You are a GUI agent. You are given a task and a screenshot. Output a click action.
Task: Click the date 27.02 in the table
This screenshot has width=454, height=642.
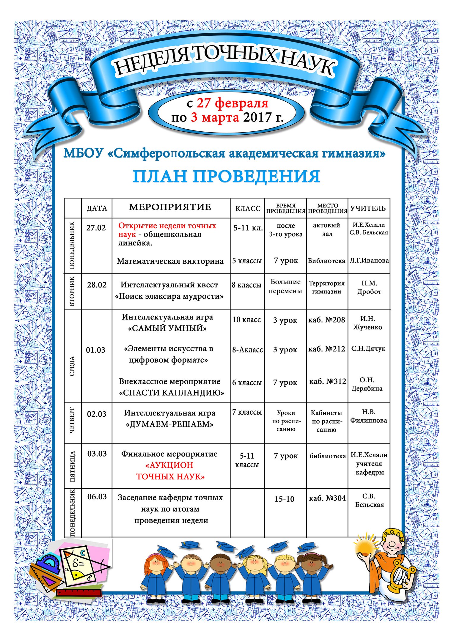[x=96, y=228]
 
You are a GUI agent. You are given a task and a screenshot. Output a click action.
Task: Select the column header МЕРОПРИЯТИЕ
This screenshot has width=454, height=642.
[x=170, y=207]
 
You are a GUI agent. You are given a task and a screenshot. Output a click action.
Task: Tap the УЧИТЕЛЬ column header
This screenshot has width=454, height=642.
[x=368, y=208]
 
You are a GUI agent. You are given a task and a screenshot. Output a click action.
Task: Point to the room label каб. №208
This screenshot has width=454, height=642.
[x=326, y=320]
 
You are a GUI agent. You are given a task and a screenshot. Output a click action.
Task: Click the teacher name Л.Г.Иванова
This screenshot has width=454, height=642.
[x=369, y=261]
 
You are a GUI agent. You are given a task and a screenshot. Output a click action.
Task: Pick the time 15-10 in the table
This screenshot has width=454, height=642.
[x=284, y=499]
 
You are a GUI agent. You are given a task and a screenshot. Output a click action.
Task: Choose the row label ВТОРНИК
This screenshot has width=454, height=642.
[x=73, y=291]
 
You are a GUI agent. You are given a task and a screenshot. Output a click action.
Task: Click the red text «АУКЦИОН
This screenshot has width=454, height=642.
[x=169, y=465]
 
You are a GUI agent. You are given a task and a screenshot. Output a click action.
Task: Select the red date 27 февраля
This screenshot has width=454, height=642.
[x=233, y=103]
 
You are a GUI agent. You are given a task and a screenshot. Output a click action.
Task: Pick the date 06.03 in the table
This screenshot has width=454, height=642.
[x=97, y=497]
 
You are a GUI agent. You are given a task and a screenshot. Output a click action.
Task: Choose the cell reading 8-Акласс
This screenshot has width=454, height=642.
[x=247, y=350]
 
